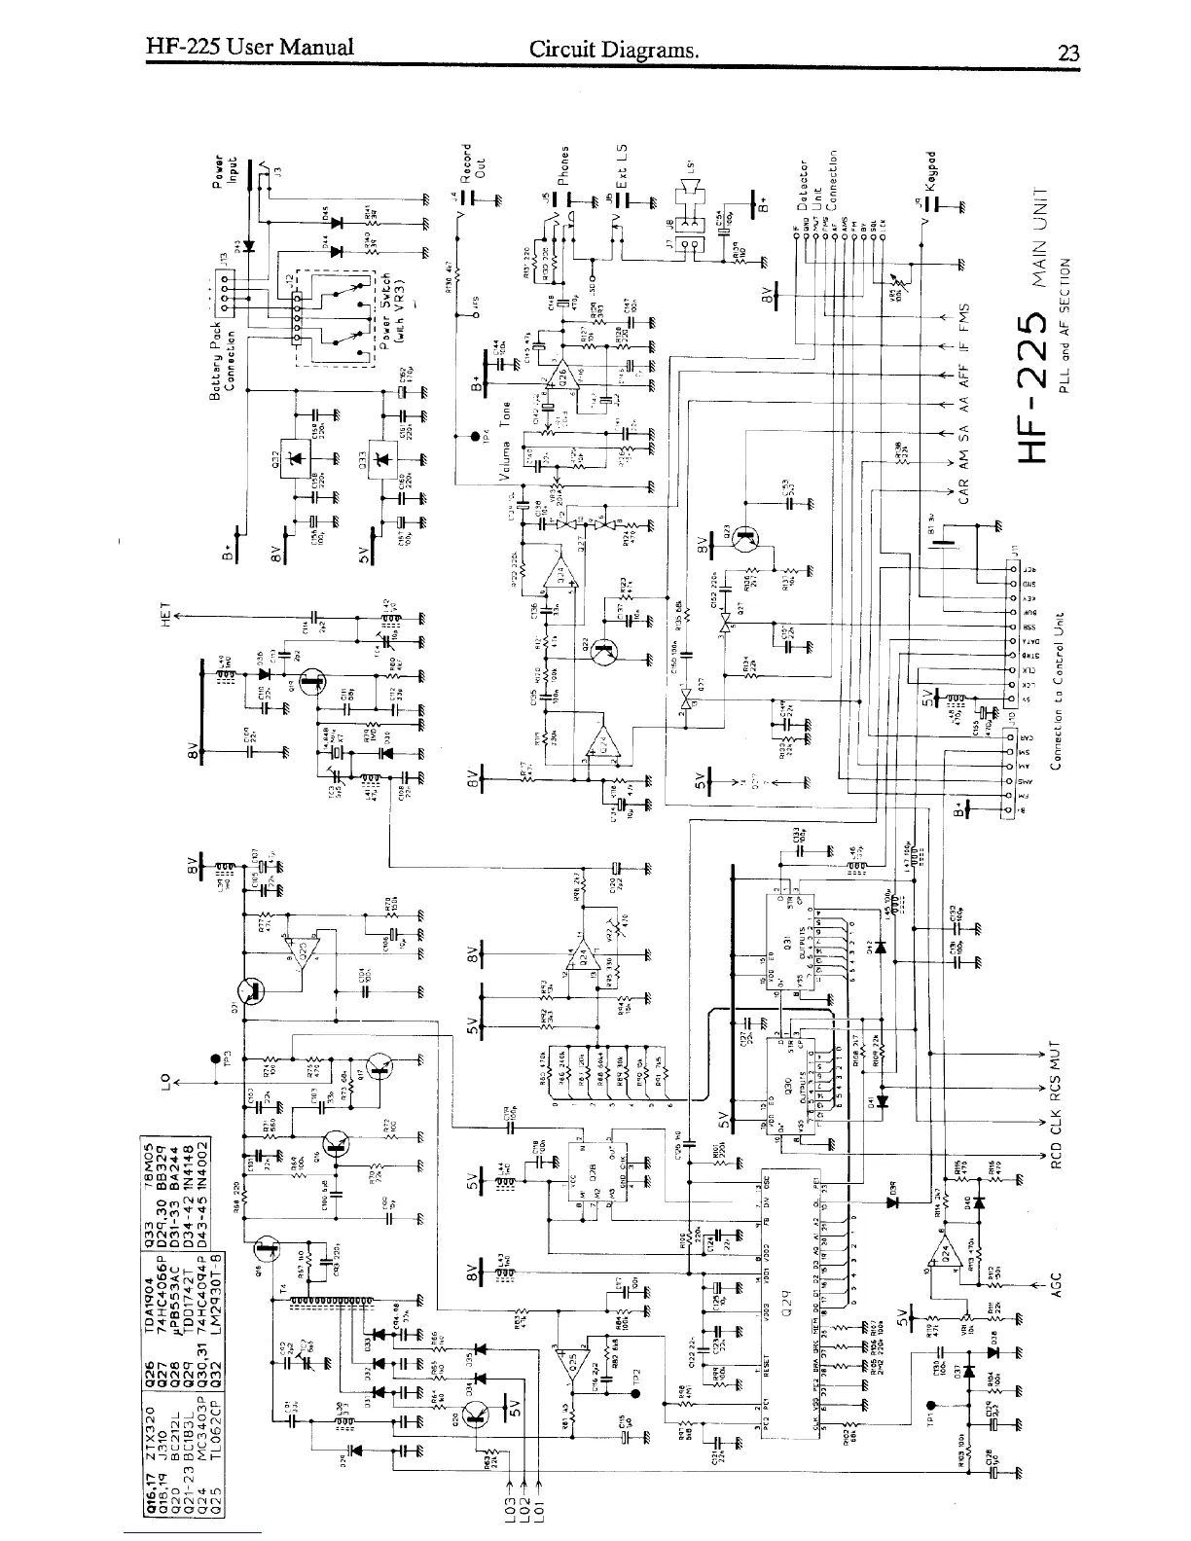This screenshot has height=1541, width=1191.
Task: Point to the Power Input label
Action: pyautogui.click(x=226, y=168)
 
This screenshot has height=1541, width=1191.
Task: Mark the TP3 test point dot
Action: pyautogui.click(x=214, y=1059)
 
